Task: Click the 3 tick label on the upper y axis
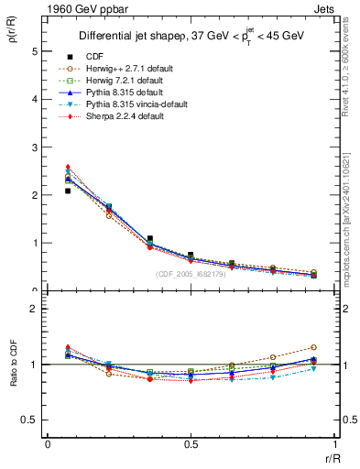[x=34, y=147]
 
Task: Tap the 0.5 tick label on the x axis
[x=191, y=443]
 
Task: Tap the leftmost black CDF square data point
[x=68, y=191]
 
